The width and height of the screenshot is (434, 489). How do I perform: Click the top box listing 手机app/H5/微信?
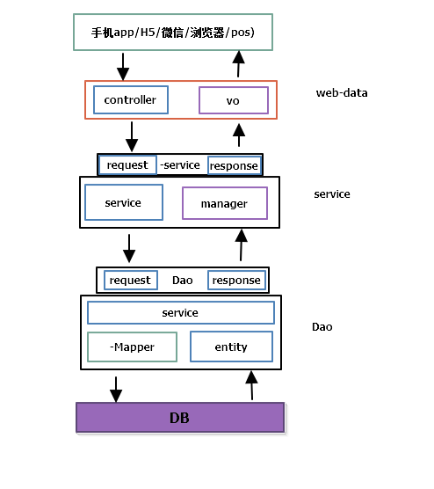click(173, 33)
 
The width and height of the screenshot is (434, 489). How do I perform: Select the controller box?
click(130, 100)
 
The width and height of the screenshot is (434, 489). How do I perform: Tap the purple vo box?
click(233, 100)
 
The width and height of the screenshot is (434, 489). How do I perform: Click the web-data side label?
click(342, 92)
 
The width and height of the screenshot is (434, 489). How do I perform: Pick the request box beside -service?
click(127, 164)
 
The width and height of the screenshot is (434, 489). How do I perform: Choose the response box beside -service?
click(234, 165)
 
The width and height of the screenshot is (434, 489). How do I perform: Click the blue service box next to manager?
click(123, 202)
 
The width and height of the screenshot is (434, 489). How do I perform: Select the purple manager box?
click(224, 203)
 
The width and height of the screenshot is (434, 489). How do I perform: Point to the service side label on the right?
click(332, 193)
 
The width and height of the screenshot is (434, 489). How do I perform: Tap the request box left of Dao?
click(130, 280)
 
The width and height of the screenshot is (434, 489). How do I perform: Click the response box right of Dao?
click(236, 280)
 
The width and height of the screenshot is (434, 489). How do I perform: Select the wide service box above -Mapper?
click(180, 312)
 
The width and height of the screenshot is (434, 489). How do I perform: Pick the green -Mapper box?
click(132, 347)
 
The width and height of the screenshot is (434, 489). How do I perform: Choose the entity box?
click(231, 347)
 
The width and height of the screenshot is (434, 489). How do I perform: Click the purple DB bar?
click(180, 417)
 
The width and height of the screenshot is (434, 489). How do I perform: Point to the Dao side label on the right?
click(322, 326)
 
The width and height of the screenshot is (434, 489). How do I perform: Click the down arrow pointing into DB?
click(115, 388)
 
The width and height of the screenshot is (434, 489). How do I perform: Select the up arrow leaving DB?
click(251, 385)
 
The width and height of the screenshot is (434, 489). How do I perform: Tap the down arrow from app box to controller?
click(123, 65)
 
